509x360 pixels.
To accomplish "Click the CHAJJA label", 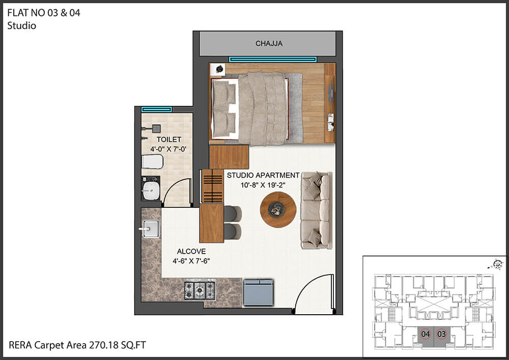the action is (x=269, y=43).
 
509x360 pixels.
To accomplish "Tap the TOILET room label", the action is (x=169, y=140).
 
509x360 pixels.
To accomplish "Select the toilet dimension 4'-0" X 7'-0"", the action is (x=168, y=149).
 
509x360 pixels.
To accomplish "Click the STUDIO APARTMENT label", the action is (x=263, y=175).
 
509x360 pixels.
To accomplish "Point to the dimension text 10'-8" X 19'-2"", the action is (x=263, y=185).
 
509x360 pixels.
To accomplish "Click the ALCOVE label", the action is (x=191, y=251).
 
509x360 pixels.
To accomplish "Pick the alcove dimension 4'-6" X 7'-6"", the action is (x=191, y=261).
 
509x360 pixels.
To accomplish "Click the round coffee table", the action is (x=278, y=210).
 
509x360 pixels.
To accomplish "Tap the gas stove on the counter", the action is (x=200, y=290).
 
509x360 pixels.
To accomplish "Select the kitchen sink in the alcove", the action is (x=151, y=229).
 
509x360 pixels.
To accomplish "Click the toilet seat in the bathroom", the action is (x=152, y=161).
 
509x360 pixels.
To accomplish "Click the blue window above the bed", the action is (x=273, y=60).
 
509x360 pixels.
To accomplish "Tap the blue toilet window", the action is (x=157, y=109).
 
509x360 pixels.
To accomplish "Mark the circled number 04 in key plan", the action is (x=425, y=334).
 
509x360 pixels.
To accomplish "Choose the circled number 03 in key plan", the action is (x=441, y=334).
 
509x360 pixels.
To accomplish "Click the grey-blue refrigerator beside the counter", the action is (x=259, y=292).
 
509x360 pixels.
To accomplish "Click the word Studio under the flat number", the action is (x=22, y=25).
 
